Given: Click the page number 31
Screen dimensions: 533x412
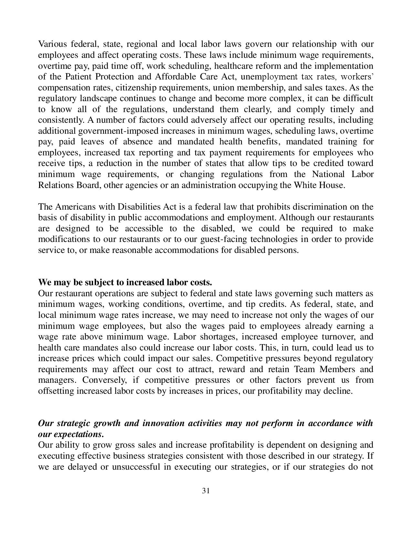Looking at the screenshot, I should click(x=206, y=491).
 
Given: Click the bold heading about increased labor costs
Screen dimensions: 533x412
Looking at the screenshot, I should click(x=125, y=282).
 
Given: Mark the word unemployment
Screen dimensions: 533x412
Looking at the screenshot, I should click(x=271, y=77).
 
